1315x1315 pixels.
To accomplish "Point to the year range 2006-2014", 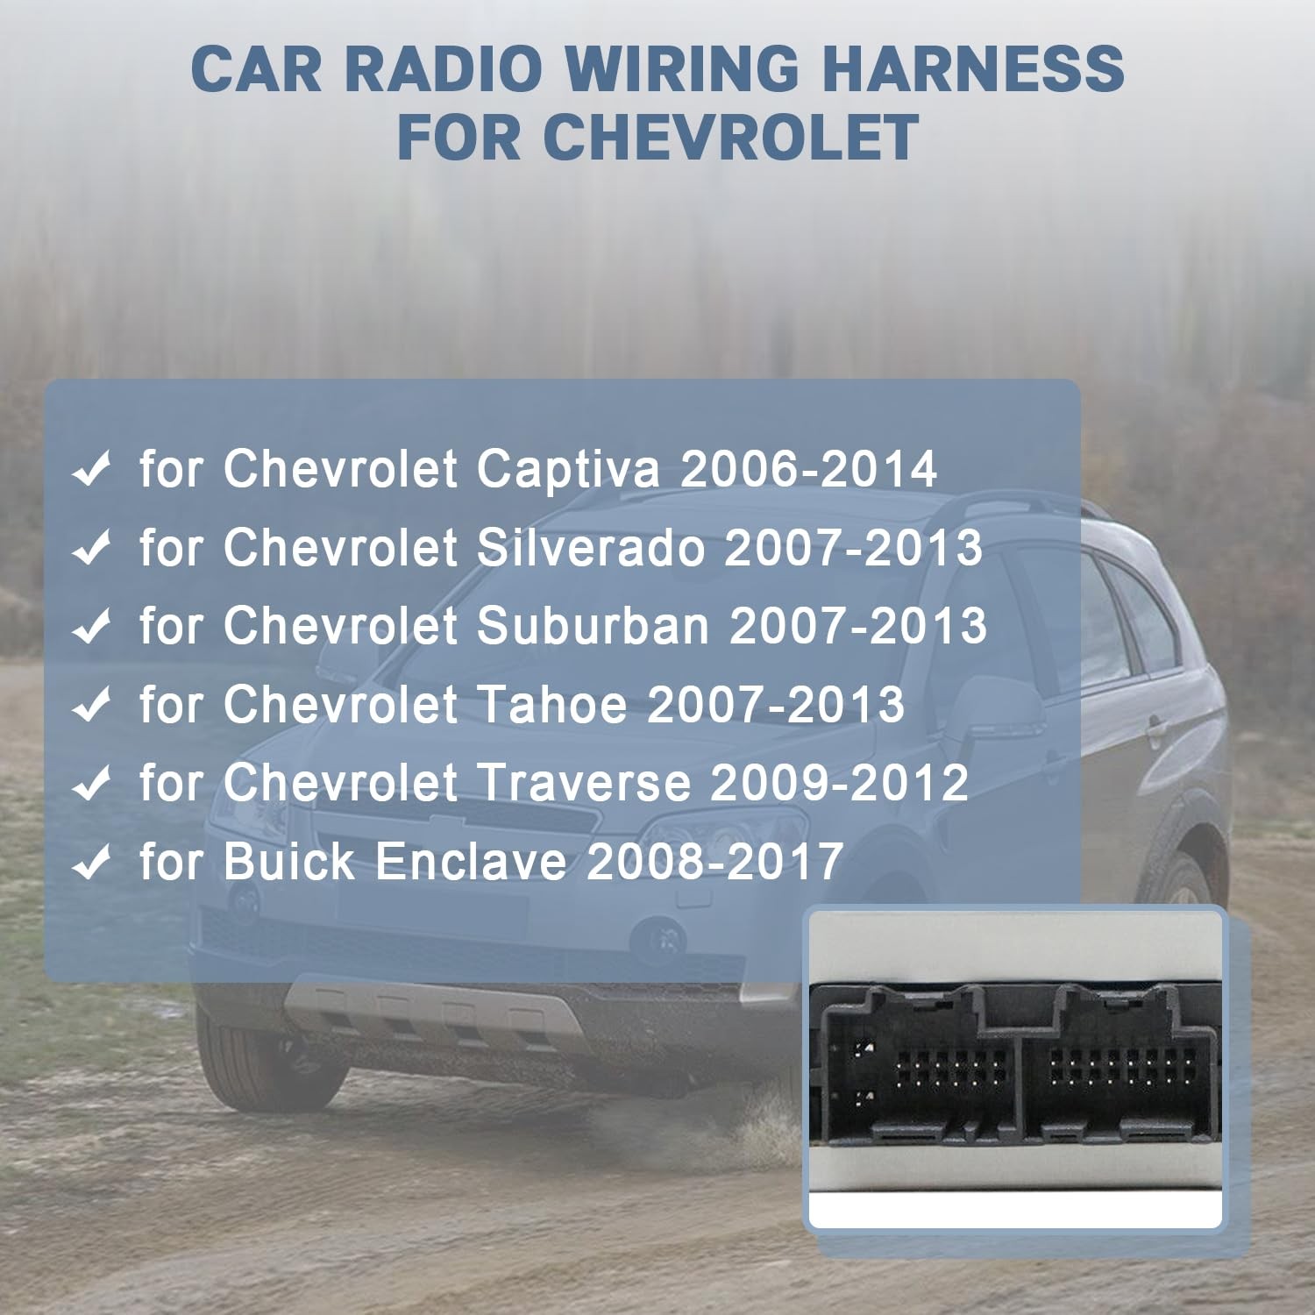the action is click(808, 469).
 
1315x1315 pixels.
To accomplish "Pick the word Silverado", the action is click(591, 548).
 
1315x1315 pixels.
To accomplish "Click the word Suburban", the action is click(593, 626).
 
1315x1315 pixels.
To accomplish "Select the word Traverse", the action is click(584, 783).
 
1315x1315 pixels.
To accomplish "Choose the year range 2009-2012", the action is click(839, 783).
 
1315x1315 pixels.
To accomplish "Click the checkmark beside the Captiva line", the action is click(91, 469).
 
